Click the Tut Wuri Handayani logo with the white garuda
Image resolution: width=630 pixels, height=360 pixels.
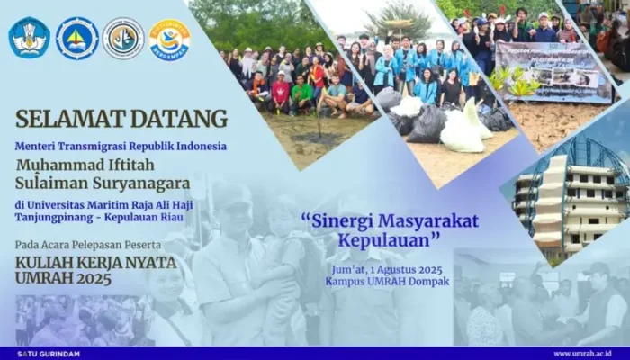(x=29, y=38)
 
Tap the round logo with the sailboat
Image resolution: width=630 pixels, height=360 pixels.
(x=76, y=38)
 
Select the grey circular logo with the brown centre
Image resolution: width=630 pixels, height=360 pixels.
(x=123, y=38)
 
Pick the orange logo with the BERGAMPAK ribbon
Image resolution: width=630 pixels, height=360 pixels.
(x=169, y=39)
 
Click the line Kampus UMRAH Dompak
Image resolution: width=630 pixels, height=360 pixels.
(x=389, y=281)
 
